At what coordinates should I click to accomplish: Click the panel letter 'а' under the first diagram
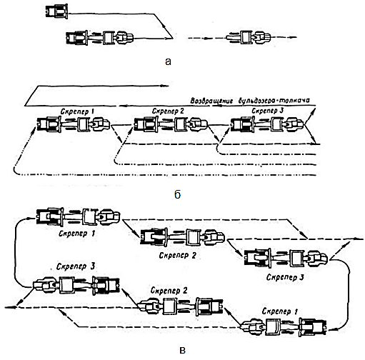pyautogui.click(x=168, y=61)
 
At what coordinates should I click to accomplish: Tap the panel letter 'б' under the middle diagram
pyautogui.click(x=178, y=194)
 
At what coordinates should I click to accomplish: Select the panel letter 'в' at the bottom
pyautogui.click(x=183, y=351)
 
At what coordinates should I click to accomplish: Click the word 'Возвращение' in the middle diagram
pyautogui.click(x=211, y=101)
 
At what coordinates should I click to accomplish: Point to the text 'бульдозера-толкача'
pyautogui.click(x=274, y=100)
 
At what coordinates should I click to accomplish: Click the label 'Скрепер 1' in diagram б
pyautogui.click(x=77, y=111)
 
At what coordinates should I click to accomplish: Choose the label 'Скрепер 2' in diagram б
pyautogui.click(x=168, y=111)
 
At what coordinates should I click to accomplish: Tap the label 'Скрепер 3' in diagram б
pyautogui.click(x=268, y=111)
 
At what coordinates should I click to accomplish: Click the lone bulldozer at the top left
pyautogui.click(x=56, y=11)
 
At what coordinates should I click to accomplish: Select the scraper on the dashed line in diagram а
pyautogui.click(x=249, y=37)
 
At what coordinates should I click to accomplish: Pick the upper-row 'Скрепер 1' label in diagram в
pyautogui.click(x=77, y=234)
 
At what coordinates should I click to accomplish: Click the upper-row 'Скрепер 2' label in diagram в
pyautogui.click(x=178, y=256)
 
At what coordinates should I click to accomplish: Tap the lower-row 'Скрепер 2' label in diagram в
pyautogui.click(x=169, y=291)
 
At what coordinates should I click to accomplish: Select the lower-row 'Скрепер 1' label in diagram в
pyautogui.click(x=280, y=311)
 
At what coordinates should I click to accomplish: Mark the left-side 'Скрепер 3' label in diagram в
pyautogui.click(x=76, y=266)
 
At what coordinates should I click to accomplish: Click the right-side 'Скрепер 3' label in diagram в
pyautogui.click(x=285, y=277)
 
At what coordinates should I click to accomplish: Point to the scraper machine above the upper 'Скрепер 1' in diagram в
pyautogui.click(x=79, y=216)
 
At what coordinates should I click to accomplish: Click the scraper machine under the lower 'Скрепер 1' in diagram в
pyautogui.click(x=284, y=328)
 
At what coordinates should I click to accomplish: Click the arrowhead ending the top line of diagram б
pyautogui.click(x=165, y=86)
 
